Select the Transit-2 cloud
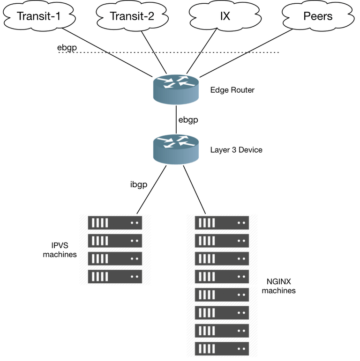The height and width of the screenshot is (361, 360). point(132,16)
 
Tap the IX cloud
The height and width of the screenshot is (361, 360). point(225,16)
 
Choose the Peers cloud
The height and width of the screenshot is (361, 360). point(317,16)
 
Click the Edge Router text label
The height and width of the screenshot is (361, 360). point(232,90)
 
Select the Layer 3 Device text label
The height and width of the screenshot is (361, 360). point(236,150)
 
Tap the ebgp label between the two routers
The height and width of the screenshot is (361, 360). point(189,120)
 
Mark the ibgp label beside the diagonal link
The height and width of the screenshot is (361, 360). point(138,184)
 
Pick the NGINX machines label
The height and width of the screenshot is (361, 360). point(278,286)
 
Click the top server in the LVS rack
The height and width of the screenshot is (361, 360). point(115,223)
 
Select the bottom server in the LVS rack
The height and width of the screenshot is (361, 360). point(115,275)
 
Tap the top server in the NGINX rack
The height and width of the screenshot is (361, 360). point(222,223)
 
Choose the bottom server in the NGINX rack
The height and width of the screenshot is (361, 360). point(222,348)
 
